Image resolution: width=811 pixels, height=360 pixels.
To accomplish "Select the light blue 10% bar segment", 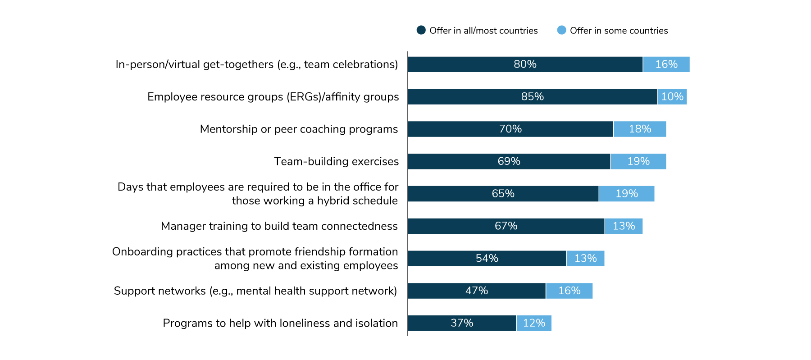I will (672, 97).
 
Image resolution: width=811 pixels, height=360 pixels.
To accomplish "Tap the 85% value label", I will (532, 97).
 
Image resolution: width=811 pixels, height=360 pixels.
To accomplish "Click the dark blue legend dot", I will (421, 30).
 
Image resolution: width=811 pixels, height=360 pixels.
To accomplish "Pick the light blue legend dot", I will (561, 30).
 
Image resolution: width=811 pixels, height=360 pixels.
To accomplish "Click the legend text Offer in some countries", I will (619, 31).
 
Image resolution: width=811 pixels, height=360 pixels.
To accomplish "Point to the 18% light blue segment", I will (640, 129).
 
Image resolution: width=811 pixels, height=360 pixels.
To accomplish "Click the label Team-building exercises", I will (336, 161).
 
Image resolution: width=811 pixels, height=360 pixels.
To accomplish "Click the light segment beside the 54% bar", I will (585, 259).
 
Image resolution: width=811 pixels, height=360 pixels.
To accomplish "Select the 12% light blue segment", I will (534, 324).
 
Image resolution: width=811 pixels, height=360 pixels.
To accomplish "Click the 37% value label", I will (462, 324).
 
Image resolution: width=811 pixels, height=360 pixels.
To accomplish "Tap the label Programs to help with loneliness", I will (280, 324).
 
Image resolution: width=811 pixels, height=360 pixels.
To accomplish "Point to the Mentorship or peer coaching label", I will (299, 129).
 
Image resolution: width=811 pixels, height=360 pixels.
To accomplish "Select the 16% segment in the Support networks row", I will (569, 291).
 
